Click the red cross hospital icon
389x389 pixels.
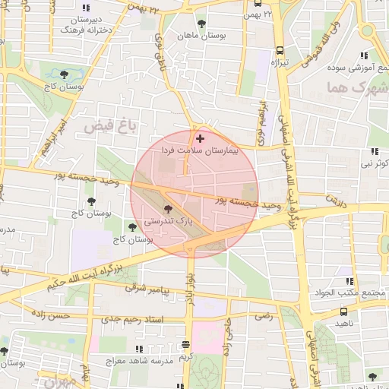(x=200, y=138)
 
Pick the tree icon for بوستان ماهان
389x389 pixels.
(x=201, y=24)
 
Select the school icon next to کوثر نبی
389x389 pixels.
(x=374, y=152)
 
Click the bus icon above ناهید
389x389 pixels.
(x=345, y=311)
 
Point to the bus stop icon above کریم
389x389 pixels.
(x=186, y=343)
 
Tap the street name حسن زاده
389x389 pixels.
(x=50, y=315)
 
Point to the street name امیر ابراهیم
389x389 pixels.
(x=55, y=137)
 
